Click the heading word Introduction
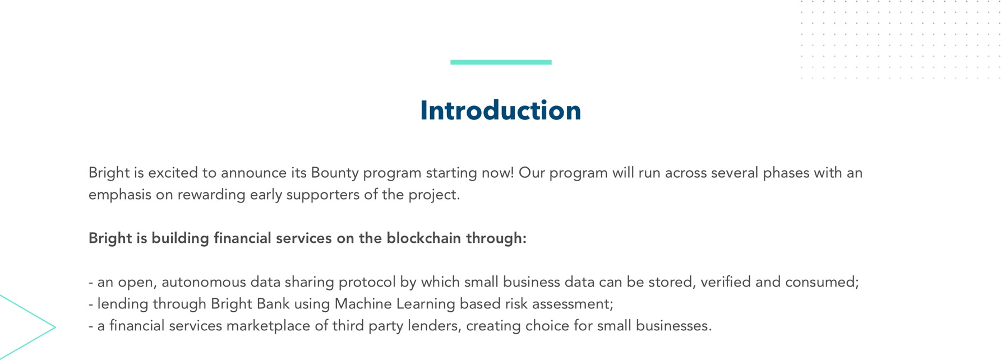pyautogui.click(x=500, y=110)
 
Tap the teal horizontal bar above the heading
pyautogui.click(x=501, y=62)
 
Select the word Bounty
pyautogui.click(x=335, y=173)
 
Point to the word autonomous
pyautogui.click(x=204, y=282)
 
